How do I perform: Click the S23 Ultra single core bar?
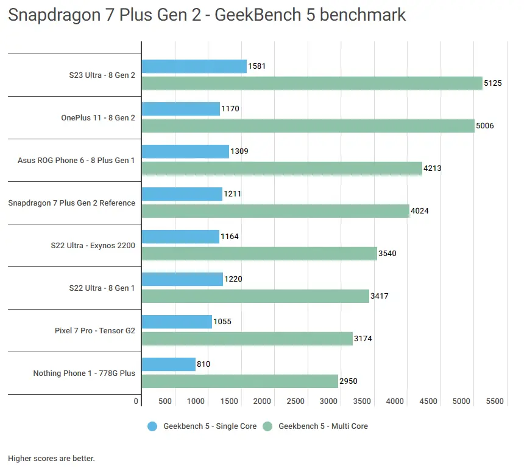[194, 66]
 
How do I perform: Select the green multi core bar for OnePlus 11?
[308, 126]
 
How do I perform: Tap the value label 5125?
[492, 83]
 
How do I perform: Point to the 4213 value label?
[431, 168]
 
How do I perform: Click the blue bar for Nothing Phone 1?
[168, 364]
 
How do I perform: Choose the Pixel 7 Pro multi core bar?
[247, 339]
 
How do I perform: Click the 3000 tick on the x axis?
[329, 401]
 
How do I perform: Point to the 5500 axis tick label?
[495, 401]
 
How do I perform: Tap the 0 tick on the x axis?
[136, 401]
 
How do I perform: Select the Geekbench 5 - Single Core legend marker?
[152, 426]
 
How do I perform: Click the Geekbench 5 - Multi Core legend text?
[323, 426]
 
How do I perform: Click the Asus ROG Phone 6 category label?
[77, 161]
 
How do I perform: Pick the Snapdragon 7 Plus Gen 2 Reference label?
[72, 203]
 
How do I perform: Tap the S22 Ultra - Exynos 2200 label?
[93, 246]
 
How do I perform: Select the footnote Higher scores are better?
[51, 458]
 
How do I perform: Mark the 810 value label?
[204, 364]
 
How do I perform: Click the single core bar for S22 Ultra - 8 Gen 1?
[182, 279]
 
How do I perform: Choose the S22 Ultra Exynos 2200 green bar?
[259, 254]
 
